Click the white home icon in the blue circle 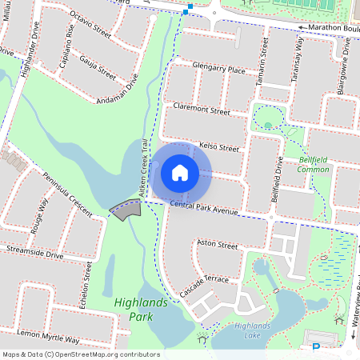(180, 172)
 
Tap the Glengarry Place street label (214, 70)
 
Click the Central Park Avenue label (204, 210)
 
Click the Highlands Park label (141, 310)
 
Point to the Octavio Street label (90, 23)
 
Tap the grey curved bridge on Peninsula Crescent (126, 210)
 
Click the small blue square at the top (186, 12)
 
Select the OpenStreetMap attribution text (80, 354)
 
